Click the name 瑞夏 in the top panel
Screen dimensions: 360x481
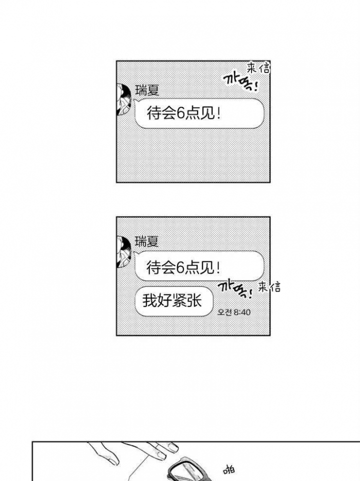tap(147, 90)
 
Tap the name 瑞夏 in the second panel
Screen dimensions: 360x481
tap(147, 241)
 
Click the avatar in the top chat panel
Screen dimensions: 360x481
tap(124, 99)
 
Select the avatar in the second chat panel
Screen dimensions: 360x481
tap(124, 251)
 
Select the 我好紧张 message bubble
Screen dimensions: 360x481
tap(173, 301)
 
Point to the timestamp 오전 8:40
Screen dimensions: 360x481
tap(233, 312)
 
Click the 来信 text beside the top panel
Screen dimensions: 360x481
tap(258, 68)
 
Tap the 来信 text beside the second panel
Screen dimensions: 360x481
tap(269, 287)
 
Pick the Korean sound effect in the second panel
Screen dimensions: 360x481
tap(235, 290)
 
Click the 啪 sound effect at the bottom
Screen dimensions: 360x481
tap(229, 469)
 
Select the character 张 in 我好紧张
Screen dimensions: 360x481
tap(194, 300)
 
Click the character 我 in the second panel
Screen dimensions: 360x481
tap(150, 300)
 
